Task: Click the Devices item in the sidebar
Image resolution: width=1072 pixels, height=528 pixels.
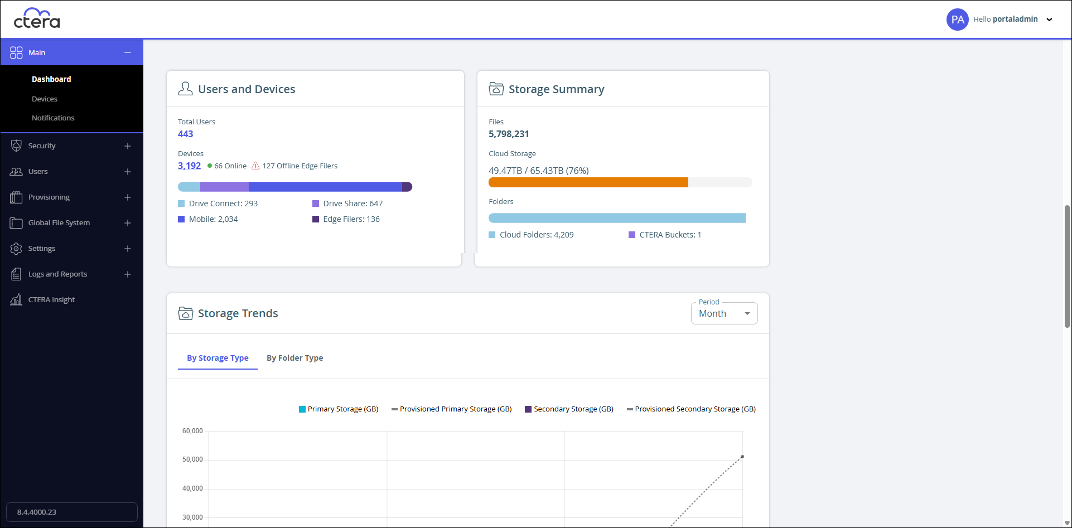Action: [45, 99]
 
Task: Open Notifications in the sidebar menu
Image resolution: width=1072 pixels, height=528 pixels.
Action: [53, 118]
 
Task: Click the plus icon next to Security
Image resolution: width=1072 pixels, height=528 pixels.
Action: [128, 146]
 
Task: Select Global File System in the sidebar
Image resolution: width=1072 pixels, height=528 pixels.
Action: [59, 223]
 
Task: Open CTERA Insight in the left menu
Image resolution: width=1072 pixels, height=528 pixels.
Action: [51, 300]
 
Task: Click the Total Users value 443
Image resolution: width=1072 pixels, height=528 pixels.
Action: [186, 134]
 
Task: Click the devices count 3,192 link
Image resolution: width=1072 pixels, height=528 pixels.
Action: [189, 166]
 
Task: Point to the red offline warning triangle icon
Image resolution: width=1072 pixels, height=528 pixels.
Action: [255, 166]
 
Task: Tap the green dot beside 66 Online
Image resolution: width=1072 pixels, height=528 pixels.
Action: [210, 166]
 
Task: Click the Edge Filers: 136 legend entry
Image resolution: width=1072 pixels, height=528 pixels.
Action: [346, 219]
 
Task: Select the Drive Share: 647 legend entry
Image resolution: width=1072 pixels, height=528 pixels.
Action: [347, 204]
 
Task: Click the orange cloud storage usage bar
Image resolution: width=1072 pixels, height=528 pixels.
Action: [588, 182]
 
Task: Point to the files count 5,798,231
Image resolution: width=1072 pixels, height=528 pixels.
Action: [509, 134]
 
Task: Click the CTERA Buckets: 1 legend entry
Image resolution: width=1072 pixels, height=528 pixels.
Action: [665, 235]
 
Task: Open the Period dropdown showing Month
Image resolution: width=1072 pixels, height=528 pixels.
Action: [725, 313]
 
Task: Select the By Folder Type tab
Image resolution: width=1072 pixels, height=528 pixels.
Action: [295, 358]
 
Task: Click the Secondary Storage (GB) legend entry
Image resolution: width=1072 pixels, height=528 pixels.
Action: [569, 409]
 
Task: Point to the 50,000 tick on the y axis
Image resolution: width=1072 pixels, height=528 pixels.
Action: [192, 459]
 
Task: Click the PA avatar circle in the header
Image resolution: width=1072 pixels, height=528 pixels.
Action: [958, 20]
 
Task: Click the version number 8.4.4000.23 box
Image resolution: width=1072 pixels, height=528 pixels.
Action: [72, 512]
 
